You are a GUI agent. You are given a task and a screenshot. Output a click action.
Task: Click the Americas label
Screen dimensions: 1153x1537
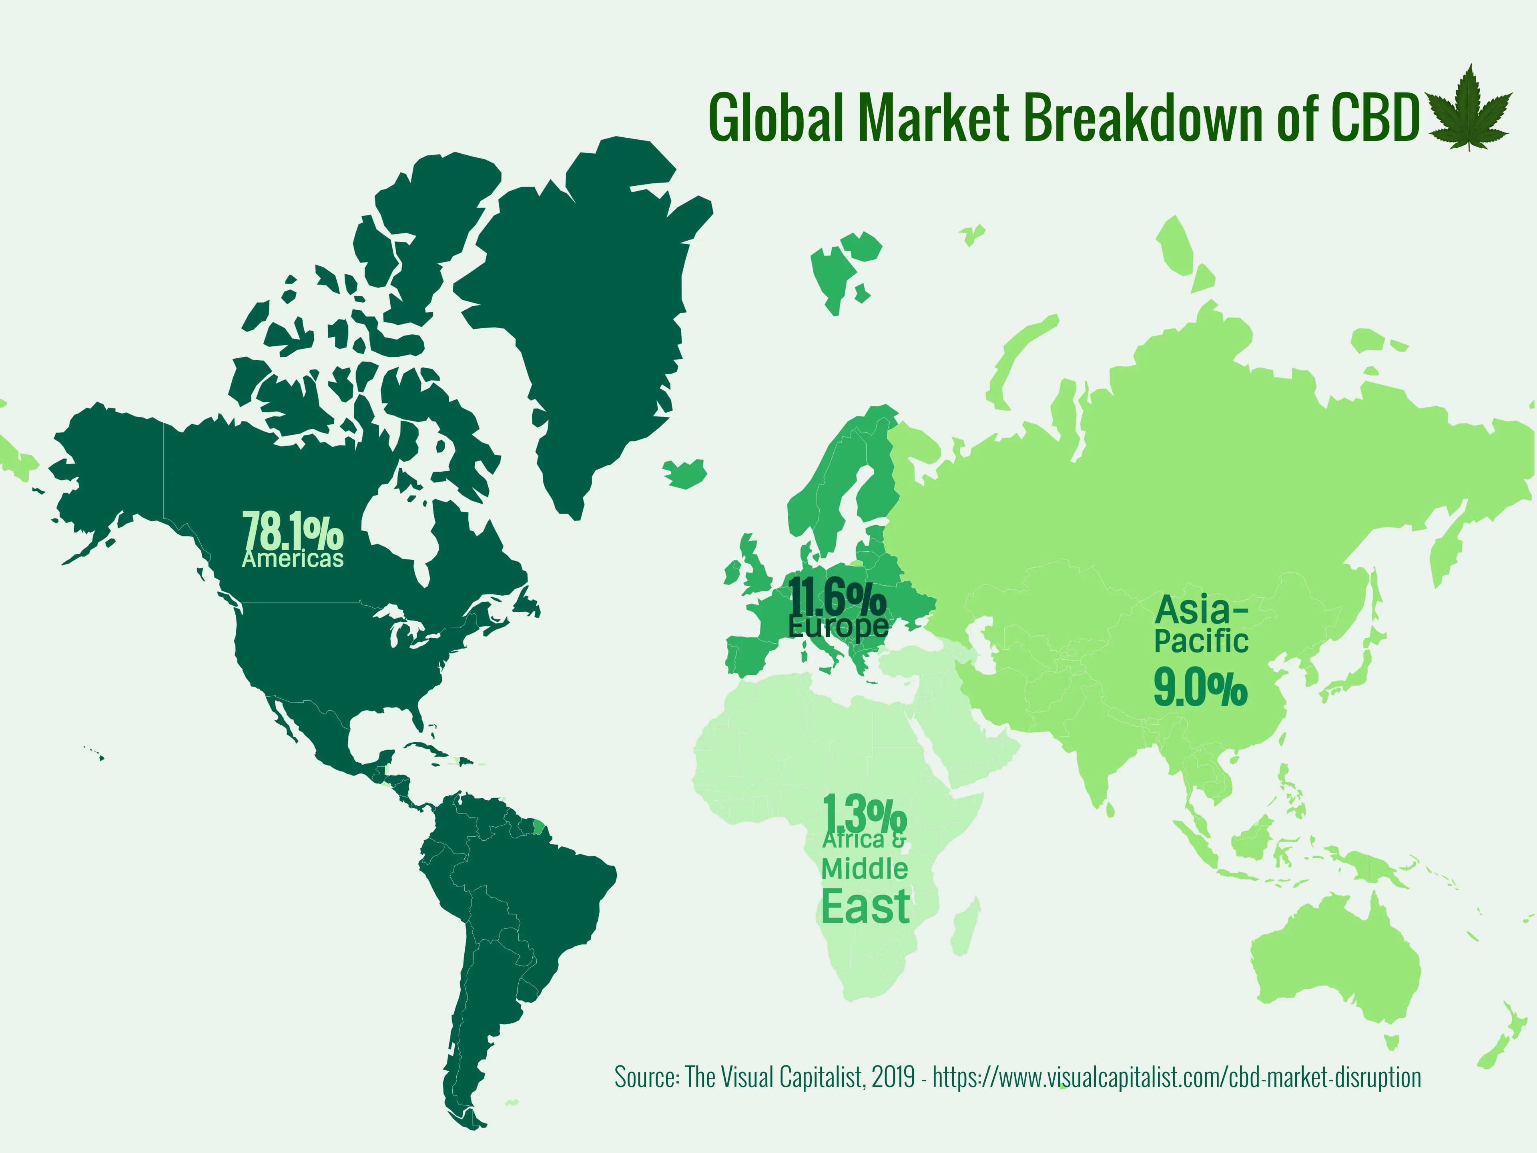pyautogui.click(x=293, y=559)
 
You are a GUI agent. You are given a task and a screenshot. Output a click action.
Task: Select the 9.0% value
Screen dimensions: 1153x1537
pyautogui.click(x=1201, y=688)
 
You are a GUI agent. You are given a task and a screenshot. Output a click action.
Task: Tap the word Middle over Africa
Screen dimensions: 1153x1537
pyautogui.click(x=865, y=869)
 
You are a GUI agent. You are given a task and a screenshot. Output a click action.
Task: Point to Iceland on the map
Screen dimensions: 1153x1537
pyautogui.click(x=686, y=474)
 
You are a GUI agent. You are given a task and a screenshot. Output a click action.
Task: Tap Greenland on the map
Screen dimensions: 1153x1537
pyautogui.click(x=591, y=313)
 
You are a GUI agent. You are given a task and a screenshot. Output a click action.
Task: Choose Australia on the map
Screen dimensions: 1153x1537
pyautogui.click(x=1334, y=966)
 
